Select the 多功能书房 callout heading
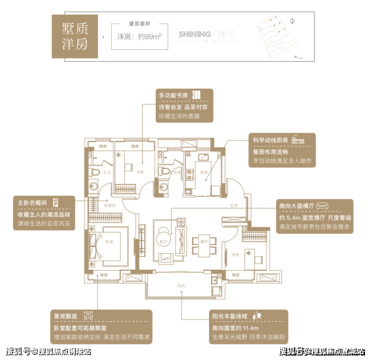(x=173, y=95)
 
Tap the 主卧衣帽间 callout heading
(x=33, y=203)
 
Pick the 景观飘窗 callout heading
(x=66, y=316)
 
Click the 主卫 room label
(x=106, y=172)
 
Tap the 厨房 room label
(x=204, y=172)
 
